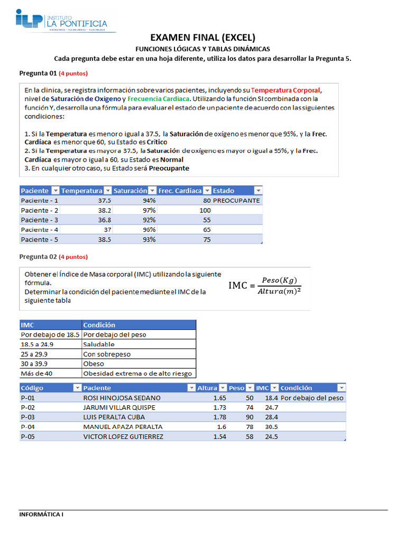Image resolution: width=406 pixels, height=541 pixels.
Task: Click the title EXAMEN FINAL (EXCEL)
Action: click(202, 38)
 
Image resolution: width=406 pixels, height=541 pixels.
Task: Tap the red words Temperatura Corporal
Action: click(285, 90)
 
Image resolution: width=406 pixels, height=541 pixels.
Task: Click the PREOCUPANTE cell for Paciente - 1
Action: click(236, 201)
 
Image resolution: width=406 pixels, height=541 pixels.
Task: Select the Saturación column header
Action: click(131, 191)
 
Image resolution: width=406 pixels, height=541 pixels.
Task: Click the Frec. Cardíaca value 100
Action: click(205, 210)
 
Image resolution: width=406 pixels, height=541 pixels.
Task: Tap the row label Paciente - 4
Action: click(40, 230)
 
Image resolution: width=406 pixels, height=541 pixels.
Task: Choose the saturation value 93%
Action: click(149, 239)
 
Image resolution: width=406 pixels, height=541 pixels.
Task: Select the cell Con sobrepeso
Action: click(107, 354)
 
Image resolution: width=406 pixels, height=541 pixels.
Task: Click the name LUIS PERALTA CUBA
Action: click(114, 417)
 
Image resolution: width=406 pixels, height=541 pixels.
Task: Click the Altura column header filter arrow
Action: click(223, 388)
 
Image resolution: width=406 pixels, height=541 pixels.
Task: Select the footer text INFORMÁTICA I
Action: click(41, 514)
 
